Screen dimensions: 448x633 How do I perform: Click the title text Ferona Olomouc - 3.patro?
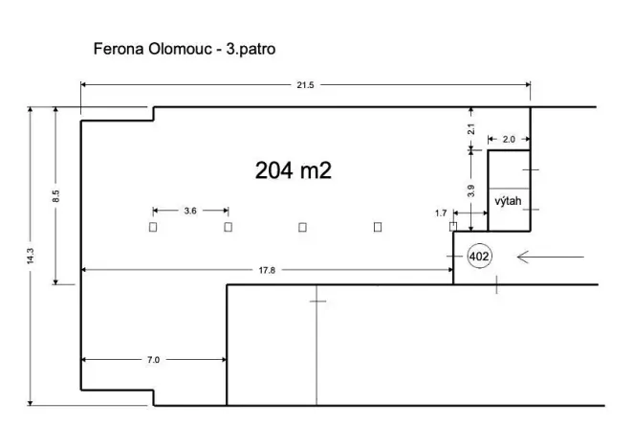184,47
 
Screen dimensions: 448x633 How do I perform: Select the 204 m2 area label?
293,170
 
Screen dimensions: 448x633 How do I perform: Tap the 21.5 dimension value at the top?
306,86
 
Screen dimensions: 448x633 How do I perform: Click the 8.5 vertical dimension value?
56,196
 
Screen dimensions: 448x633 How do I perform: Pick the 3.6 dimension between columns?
190,211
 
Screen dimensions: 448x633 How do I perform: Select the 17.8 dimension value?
267,271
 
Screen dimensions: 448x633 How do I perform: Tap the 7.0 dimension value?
153,360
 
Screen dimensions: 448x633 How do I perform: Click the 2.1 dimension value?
470,128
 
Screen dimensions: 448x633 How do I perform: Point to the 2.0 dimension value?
508,139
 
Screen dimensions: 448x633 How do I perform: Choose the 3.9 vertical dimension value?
470,190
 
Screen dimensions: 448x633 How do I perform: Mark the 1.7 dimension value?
440,213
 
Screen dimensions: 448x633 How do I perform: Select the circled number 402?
478,257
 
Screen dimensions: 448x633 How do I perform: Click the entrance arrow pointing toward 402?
550,257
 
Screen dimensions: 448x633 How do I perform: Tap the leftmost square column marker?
153,227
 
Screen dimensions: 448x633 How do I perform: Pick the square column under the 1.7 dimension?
453,226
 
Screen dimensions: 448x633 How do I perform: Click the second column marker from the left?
228,227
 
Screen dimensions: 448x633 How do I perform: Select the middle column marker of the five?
302,227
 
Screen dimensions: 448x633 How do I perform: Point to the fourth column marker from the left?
377,227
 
